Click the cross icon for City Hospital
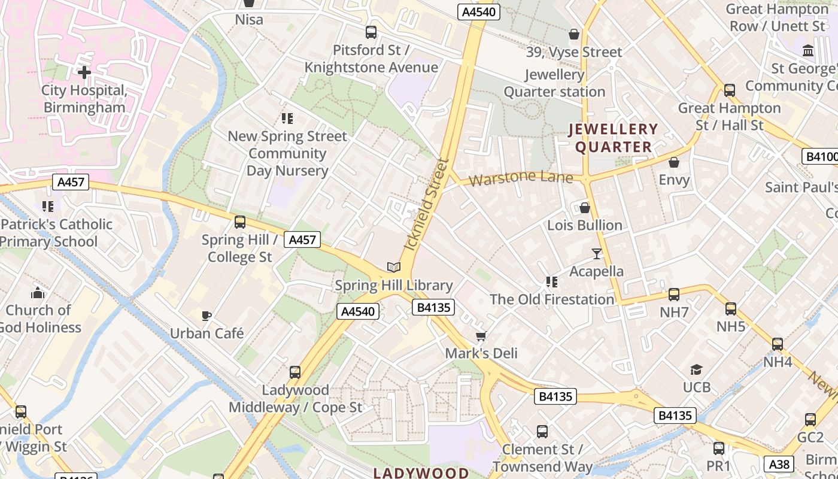pos(84,72)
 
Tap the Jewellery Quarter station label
pos(554,83)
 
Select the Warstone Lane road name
pos(520,178)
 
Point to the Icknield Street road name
pos(426,204)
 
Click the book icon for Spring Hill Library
pos(393,267)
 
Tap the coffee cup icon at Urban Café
pos(207,316)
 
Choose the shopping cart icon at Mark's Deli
pos(481,336)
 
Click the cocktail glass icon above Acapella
pos(596,253)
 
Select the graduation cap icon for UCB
pos(696,369)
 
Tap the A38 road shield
pos(780,463)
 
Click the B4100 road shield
pos(820,157)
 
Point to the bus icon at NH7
pos(674,294)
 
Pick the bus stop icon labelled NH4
pos(777,344)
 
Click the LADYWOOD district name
pos(421,473)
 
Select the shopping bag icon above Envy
pos(674,162)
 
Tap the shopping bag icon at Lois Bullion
pos(584,208)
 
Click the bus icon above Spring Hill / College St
pos(240,222)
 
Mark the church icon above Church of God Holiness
pos(38,293)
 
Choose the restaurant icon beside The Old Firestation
pos(552,281)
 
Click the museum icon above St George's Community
pos(808,50)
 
